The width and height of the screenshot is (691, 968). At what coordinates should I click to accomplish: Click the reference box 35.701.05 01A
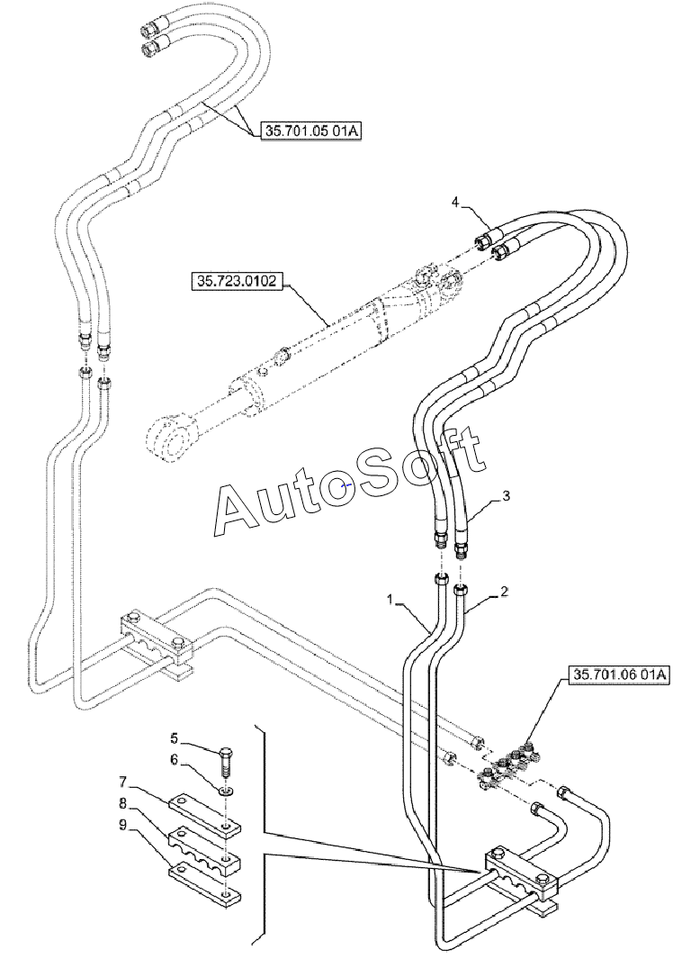coord(311,131)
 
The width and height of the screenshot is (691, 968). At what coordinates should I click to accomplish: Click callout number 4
coord(455,202)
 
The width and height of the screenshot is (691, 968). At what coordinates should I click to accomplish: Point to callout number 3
coord(506,496)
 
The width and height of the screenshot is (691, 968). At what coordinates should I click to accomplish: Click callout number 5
coord(174,737)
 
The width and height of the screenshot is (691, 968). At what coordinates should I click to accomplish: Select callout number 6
coord(174,759)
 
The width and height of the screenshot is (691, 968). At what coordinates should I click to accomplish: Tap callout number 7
coord(122,783)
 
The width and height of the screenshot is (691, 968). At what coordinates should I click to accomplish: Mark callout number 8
coord(122,803)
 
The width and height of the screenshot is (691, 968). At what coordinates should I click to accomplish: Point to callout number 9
coord(122,825)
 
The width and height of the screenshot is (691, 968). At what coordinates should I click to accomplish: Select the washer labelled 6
coord(227,790)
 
